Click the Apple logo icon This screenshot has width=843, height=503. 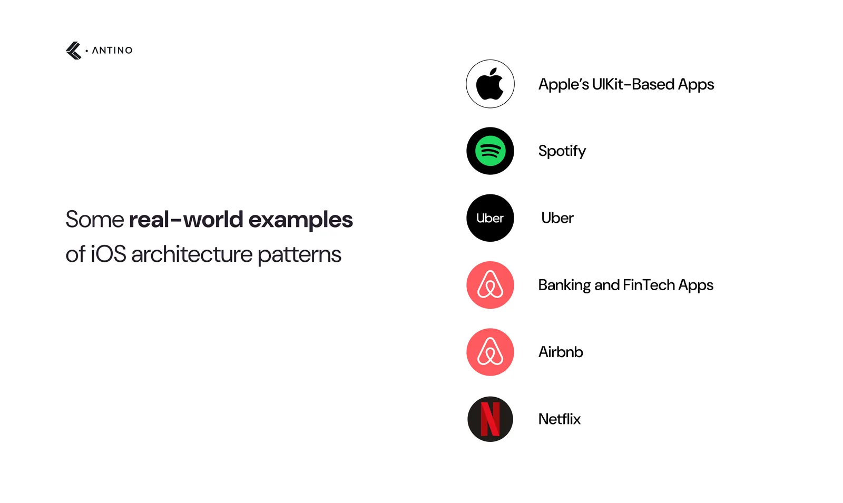[490, 84]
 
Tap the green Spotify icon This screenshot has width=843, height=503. [490, 151]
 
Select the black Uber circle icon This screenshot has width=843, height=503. [490, 218]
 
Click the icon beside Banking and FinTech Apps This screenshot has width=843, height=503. [490, 285]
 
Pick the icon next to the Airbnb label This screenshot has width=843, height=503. [490, 352]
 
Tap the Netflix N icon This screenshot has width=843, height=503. [490, 419]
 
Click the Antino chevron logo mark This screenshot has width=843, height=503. [73, 51]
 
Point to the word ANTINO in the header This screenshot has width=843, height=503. [112, 51]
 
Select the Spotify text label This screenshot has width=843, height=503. [562, 151]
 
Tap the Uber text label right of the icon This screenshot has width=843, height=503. [557, 218]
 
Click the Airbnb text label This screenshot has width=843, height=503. [561, 352]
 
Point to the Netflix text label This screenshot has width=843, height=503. [560, 419]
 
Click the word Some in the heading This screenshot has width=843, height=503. [95, 219]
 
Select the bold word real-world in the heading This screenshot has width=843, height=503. [186, 219]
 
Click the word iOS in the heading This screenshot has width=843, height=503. [109, 254]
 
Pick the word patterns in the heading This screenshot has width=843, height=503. [300, 255]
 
